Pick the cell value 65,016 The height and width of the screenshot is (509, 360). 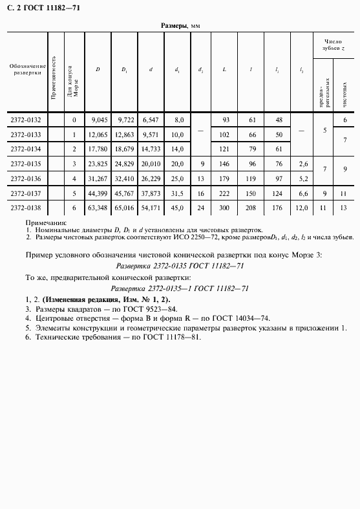tap(124, 208)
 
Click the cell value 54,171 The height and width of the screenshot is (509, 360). tap(151, 208)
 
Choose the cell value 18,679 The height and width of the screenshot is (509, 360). tap(124, 149)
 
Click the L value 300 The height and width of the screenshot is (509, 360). tap(226, 208)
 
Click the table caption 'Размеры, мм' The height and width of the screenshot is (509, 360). tap(180, 25)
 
